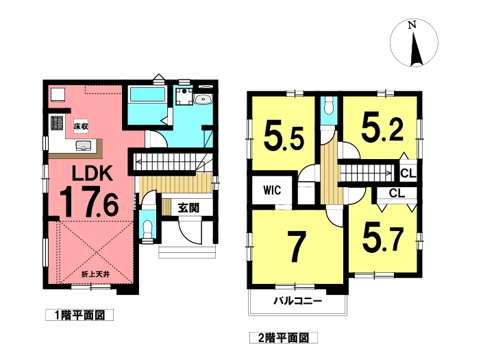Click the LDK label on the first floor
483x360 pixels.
[x=92, y=173]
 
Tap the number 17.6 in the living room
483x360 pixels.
[x=88, y=203]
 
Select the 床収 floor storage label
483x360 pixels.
[x=81, y=126]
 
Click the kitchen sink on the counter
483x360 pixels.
[x=83, y=145]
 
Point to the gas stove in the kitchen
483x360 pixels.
[x=57, y=123]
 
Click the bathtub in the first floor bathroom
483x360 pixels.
[x=147, y=95]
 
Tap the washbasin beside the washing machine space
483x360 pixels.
[x=203, y=99]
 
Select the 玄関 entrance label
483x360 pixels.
[x=188, y=208]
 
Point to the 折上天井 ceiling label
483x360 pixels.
[x=95, y=274]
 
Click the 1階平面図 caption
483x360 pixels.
[x=79, y=315]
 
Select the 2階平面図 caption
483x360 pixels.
[x=284, y=338]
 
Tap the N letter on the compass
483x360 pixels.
[x=412, y=25]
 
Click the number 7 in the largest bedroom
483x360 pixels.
[x=297, y=246]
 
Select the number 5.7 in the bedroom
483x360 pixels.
[x=382, y=239]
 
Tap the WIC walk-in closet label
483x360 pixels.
[x=272, y=190]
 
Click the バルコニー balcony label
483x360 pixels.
[x=298, y=300]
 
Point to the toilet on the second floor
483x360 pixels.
[x=329, y=107]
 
